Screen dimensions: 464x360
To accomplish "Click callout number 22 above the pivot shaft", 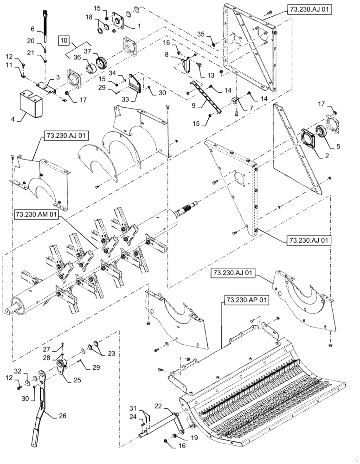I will (x=158, y=406).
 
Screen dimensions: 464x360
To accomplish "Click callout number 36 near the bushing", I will (x=77, y=57).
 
